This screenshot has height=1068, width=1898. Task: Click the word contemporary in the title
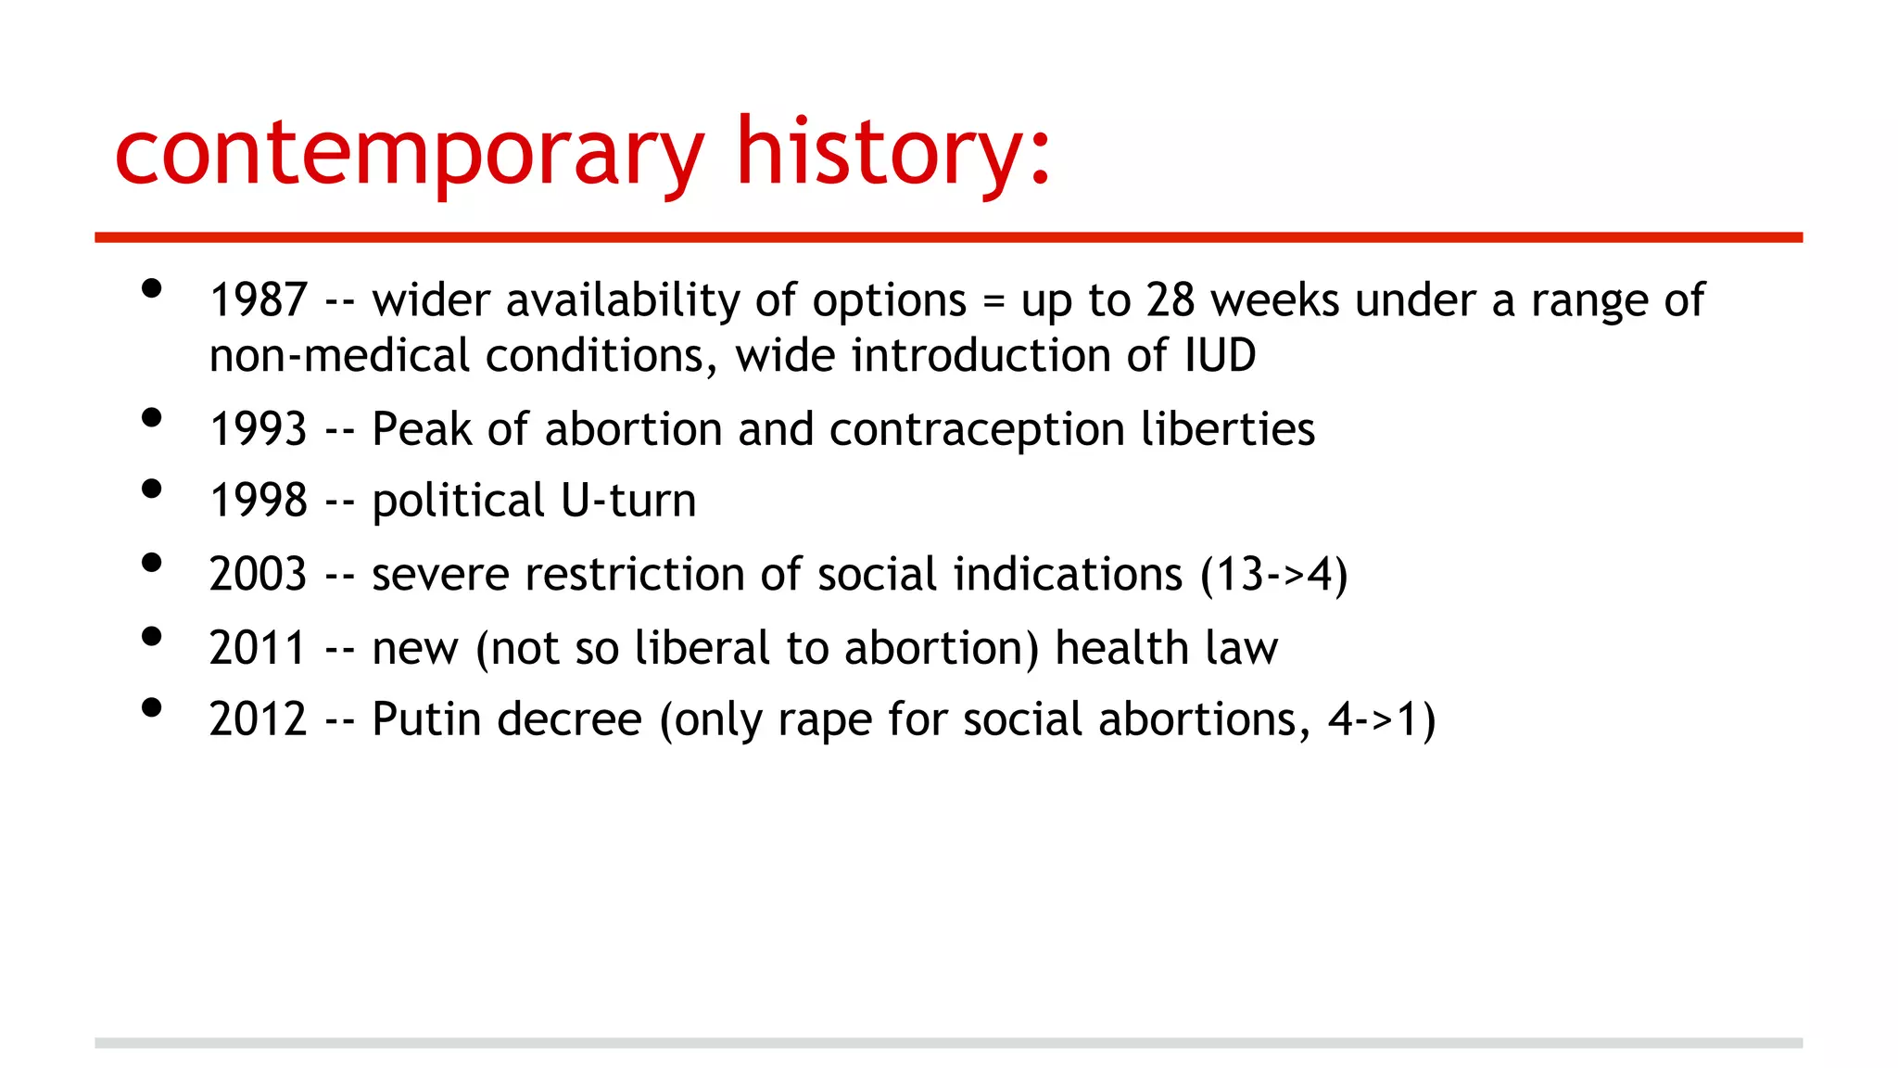(x=409, y=153)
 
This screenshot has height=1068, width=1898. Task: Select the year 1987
(x=258, y=300)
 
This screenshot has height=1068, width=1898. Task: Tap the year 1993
(x=258, y=429)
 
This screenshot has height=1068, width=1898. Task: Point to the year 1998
(x=258, y=501)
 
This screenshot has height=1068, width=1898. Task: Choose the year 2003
(x=258, y=574)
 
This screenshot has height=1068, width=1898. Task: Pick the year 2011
(x=258, y=647)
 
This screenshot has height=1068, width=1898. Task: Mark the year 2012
(x=258, y=719)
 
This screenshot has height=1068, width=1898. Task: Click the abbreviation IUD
(x=1220, y=356)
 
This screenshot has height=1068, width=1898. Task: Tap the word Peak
(x=422, y=429)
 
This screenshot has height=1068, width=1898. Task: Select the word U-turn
(x=628, y=501)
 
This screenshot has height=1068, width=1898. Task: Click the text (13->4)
(x=1273, y=574)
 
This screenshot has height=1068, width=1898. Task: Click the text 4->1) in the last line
(x=1382, y=719)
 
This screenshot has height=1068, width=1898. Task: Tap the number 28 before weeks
(x=1170, y=300)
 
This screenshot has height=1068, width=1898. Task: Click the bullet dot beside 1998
(x=152, y=489)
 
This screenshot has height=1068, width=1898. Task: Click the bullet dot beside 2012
(x=152, y=707)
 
